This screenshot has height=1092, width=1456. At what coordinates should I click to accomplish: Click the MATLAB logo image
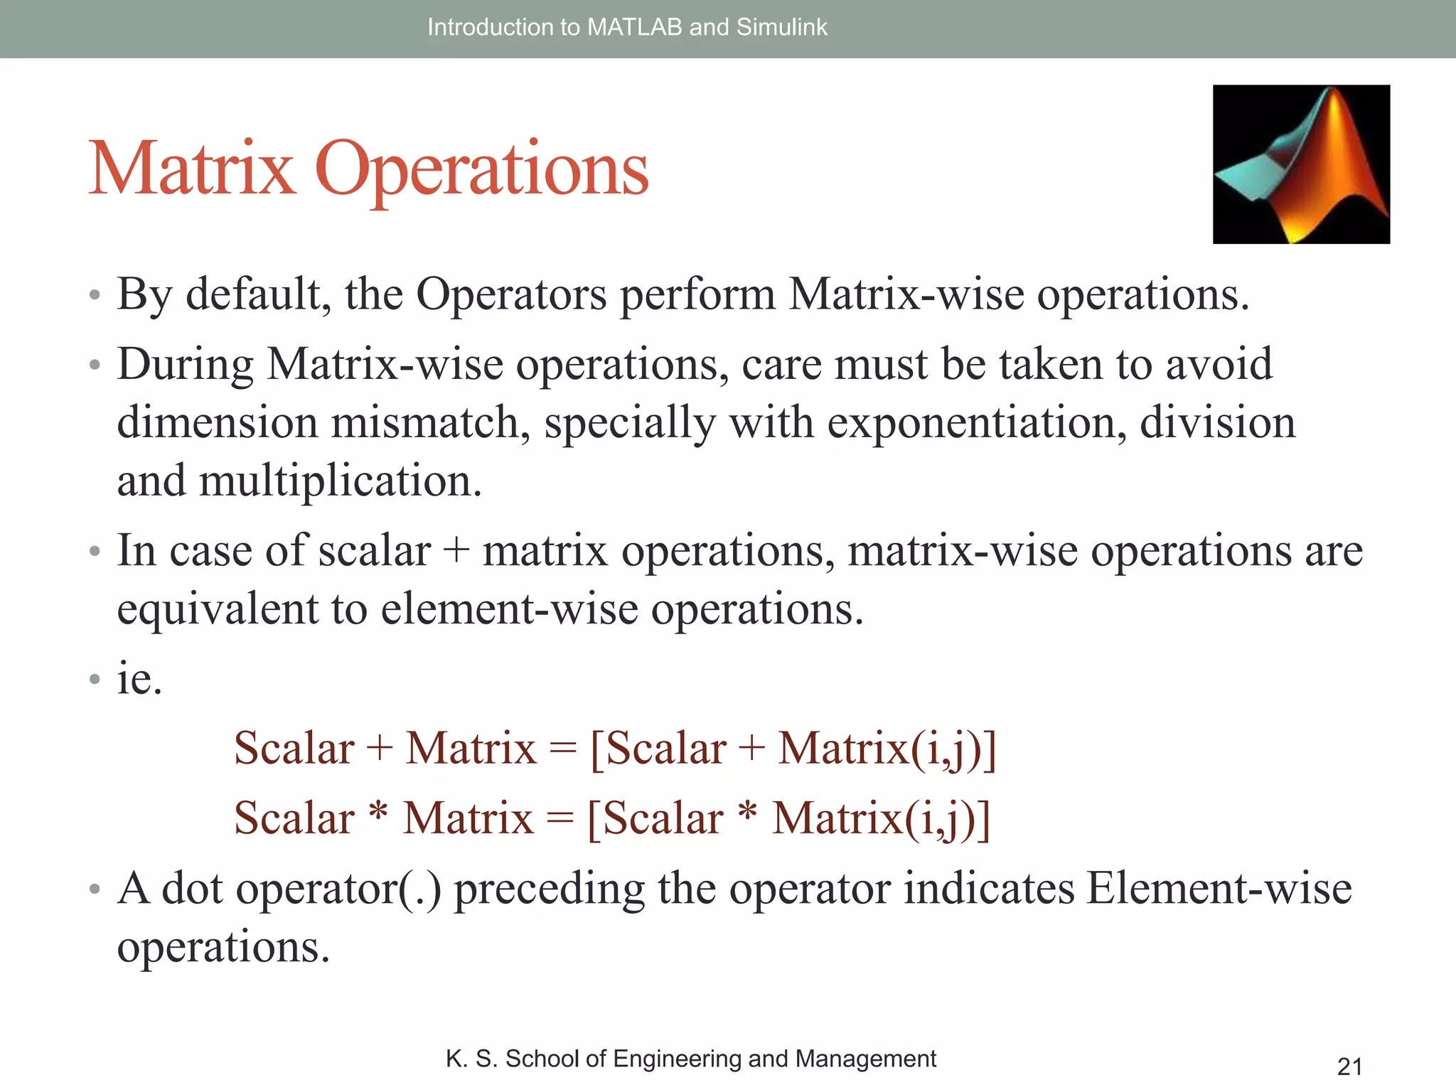click(1301, 164)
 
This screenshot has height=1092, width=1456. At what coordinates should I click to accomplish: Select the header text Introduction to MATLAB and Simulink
click(627, 27)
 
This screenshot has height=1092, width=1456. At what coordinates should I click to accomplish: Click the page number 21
click(1349, 1066)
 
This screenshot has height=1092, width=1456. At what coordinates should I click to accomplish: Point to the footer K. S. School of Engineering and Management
click(690, 1059)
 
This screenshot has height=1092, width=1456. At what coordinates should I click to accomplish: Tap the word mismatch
click(430, 422)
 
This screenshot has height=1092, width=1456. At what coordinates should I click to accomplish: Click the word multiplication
click(341, 481)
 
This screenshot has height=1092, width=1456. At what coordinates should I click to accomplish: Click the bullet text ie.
click(139, 678)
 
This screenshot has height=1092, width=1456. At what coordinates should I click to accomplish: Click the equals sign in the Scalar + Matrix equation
click(563, 749)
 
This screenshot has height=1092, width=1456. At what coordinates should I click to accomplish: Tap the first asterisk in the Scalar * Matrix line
click(379, 811)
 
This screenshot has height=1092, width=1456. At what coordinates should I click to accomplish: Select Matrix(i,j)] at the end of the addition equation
click(887, 749)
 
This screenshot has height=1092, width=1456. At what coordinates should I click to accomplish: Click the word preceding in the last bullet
click(549, 889)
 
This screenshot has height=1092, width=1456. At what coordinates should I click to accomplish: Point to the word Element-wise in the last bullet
click(1219, 889)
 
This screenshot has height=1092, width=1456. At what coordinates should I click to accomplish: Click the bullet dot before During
click(95, 366)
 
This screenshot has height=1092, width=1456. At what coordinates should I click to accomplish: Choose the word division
click(1217, 422)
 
